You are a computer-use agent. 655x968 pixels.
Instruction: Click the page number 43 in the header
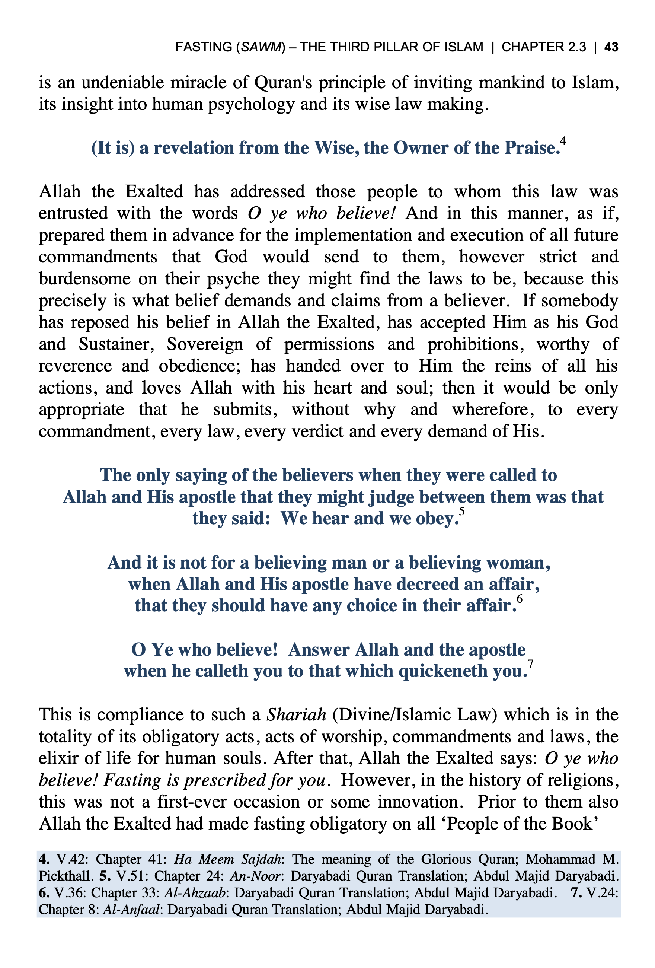point(611,47)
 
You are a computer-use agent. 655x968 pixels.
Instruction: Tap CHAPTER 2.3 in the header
point(543,47)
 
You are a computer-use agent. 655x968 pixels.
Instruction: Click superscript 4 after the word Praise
point(563,141)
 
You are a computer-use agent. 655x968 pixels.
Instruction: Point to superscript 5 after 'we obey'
point(461,512)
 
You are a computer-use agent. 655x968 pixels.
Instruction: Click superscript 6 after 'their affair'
point(519,599)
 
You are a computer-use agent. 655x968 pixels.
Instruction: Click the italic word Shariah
point(296,715)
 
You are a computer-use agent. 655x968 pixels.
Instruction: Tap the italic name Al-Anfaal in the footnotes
point(131,909)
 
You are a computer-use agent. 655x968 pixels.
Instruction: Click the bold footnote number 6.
point(44,893)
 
